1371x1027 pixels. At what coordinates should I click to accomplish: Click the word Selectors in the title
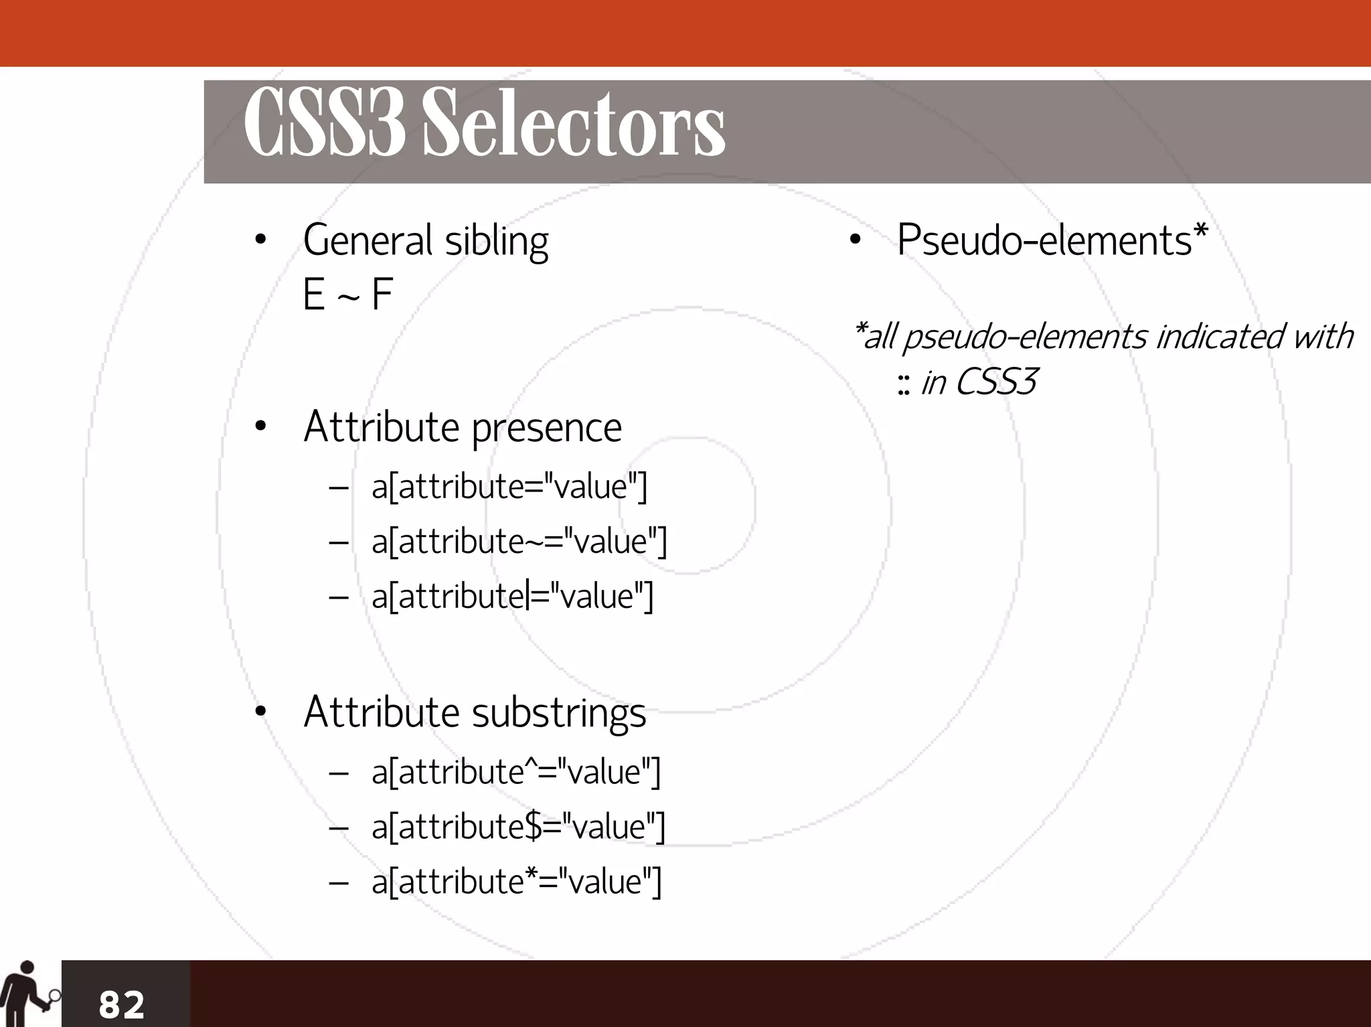point(574,125)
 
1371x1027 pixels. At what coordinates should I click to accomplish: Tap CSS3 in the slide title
point(325,125)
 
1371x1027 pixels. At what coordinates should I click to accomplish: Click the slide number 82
point(121,1004)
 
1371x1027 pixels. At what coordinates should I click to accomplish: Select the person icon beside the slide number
point(27,993)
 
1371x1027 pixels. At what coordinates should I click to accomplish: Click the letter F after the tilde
point(382,295)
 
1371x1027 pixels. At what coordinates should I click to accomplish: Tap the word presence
point(546,427)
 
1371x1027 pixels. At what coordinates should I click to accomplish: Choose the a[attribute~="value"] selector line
point(519,541)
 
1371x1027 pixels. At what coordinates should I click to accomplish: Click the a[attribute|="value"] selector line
point(512,596)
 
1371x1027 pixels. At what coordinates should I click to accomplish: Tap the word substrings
point(559,712)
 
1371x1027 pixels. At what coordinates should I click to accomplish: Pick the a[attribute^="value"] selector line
point(516,771)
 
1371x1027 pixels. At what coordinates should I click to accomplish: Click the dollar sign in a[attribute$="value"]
point(534,826)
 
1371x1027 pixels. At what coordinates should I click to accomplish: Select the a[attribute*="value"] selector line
point(516,881)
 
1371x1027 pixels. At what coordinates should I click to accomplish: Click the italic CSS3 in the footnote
point(996,382)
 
